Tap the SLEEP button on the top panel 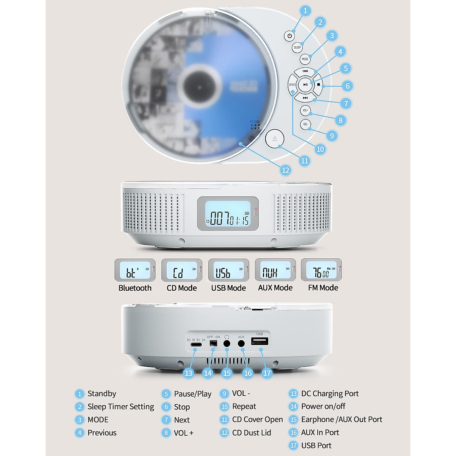pos(297,47)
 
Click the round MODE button pos(305,59)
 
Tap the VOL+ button pos(305,111)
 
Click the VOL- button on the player pos(305,124)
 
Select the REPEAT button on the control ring pos(292,85)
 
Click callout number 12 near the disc pos(285,170)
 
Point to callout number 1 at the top pos(305,11)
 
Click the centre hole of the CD pos(199,87)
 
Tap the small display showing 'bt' pos(135,271)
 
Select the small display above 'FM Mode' pos(321,271)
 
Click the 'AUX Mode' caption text pos(275,288)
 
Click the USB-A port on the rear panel pos(260,341)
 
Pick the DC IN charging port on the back pos(196,345)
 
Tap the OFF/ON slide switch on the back pos(213,343)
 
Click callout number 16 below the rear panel pos(248,373)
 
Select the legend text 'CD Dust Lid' pos(252,432)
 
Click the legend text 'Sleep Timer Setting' pos(120,407)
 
